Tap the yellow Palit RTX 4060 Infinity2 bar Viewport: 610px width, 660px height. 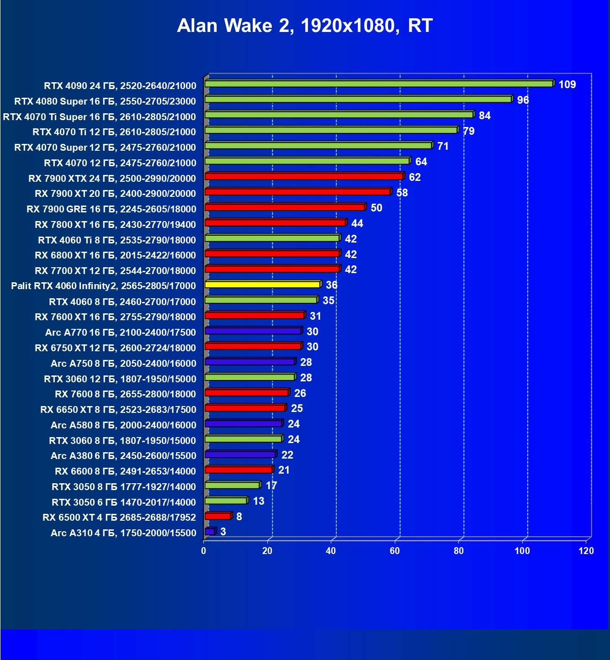tap(262, 285)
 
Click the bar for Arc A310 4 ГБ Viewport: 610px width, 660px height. tap(210, 532)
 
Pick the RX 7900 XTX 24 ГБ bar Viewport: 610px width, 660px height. tap(304, 177)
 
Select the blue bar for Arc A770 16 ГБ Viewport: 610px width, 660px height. tap(253, 331)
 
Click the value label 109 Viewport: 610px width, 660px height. tap(567, 84)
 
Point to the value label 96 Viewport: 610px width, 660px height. tap(523, 100)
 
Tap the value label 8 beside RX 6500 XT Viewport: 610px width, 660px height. tap(239, 517)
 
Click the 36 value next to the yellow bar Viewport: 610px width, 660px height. tap(331, 285)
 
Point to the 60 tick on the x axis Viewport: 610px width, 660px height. tap(395, 551)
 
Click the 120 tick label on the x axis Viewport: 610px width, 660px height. tap(586, 551)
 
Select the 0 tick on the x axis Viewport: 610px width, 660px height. tap(204, 551)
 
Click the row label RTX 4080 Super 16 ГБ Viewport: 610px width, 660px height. tap(105, 101)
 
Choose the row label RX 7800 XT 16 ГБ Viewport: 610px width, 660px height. tap(115, 225)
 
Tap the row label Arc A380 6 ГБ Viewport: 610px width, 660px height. tap(123, 456)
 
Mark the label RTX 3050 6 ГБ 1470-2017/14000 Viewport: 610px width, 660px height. tap(124, 502)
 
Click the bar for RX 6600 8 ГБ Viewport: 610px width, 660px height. tap(239, 470)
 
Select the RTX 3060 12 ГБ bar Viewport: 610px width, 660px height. tap(249, 377)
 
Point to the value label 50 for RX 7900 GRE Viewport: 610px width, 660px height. tap(376, 208)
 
